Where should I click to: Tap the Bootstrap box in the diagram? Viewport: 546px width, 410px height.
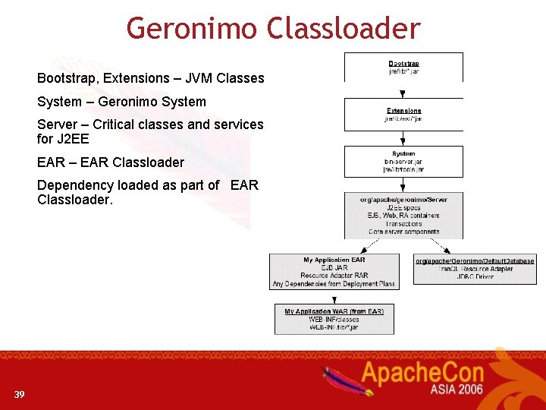tap(403, 67)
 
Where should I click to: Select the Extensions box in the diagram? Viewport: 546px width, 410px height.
tap(403, 114)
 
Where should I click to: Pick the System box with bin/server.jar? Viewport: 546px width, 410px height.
tap(403, 161)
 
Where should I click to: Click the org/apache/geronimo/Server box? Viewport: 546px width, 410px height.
tap(403, 216)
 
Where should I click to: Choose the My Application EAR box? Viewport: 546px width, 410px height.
tap(334, 271)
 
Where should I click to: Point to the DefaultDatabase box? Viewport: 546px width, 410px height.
tap(475, 269)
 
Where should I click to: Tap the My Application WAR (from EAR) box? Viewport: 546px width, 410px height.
tap(334, 319)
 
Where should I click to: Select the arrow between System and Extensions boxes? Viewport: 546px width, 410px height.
tap(403, 138)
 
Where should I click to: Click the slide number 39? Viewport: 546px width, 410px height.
tap(19, 394)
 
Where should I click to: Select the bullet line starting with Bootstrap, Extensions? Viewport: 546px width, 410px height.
tap(150, 78)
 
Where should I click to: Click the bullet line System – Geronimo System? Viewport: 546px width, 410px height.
tap(121, 102)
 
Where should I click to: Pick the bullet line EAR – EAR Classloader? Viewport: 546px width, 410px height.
tap(111, 162)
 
